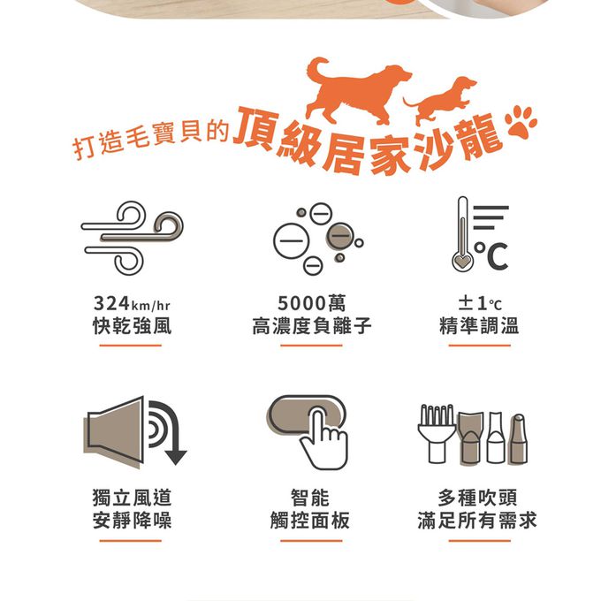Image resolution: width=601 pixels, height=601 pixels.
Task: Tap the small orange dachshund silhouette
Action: coord(441,102)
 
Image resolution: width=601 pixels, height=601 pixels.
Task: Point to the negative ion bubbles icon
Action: coord(318,239)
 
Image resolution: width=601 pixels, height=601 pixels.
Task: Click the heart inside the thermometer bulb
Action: coord(462,262)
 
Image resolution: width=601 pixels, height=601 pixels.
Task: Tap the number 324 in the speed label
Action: coord(111,303)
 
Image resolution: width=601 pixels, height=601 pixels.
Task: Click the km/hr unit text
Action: coord(150,306)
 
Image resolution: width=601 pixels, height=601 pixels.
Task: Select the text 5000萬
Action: coord(311,303)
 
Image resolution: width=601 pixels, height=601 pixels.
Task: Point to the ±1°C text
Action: coord(480,303)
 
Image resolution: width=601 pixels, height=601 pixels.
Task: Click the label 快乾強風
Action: coord(132,326)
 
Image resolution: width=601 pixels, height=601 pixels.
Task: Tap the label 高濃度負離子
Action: coord(312,326)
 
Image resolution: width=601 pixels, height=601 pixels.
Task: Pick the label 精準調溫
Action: coord(479,326)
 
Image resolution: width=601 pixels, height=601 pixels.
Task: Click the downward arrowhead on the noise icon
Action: coord(176,457)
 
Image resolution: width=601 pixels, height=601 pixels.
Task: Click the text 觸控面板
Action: coord(309,521)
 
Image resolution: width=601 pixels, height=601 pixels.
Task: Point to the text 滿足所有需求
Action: coord(477,521)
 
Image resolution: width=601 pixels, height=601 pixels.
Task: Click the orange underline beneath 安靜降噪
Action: coord(130,541)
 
